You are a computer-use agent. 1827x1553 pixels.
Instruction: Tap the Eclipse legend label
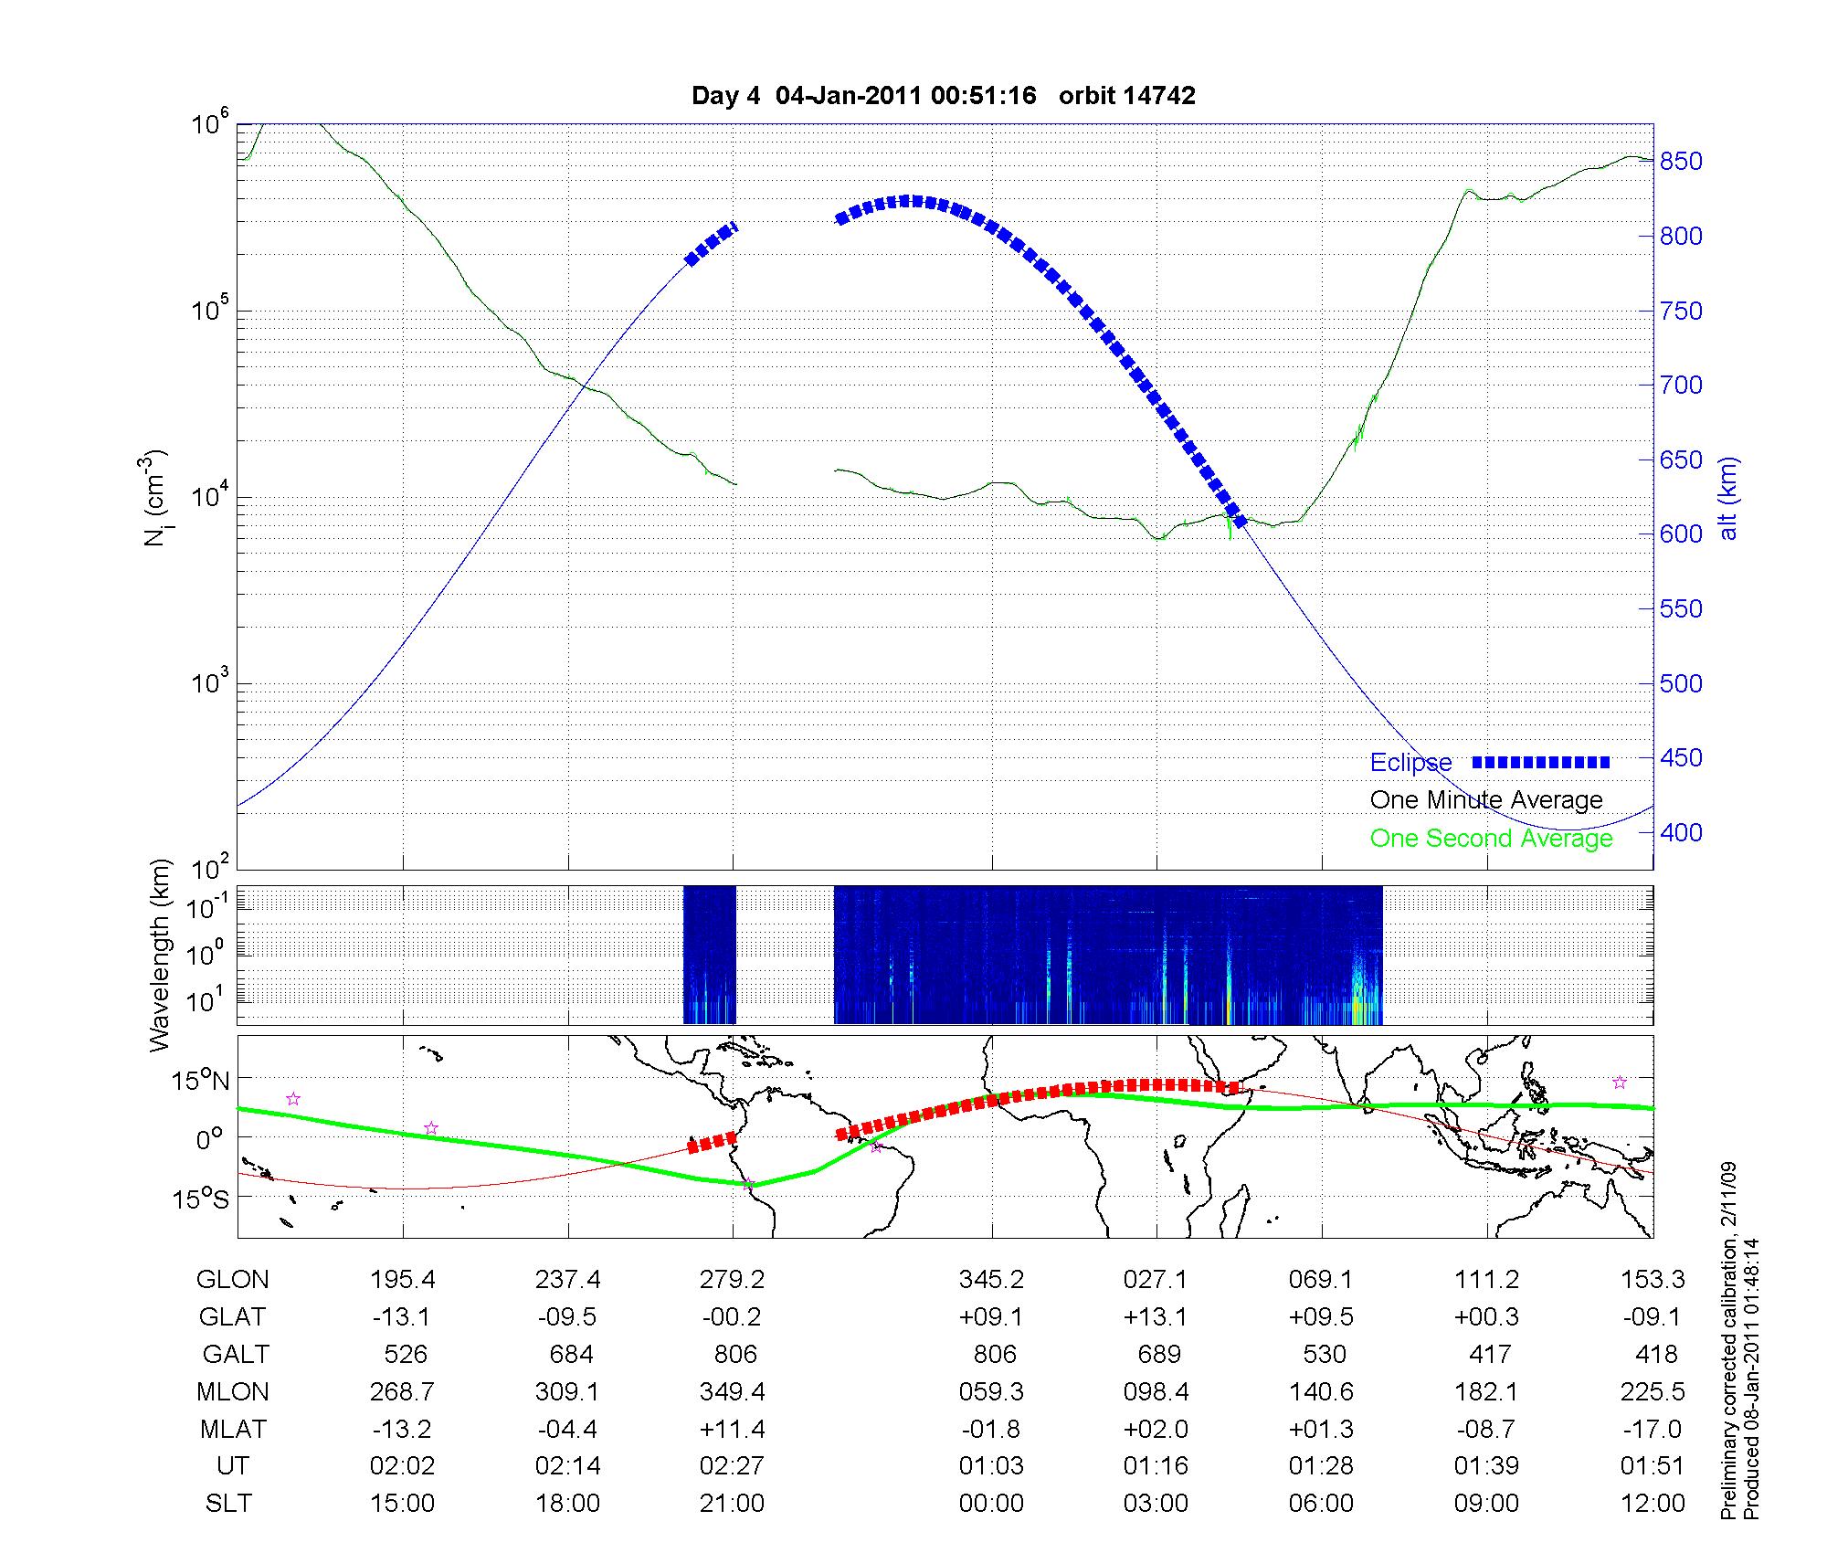(1410, 763)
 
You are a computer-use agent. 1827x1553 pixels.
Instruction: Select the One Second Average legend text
(1491, 839)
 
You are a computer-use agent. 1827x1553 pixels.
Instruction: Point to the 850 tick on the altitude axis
(1681, 162)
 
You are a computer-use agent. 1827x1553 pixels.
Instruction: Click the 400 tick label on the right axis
(1681, 832)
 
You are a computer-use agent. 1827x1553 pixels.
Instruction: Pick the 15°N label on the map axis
(202, 1082)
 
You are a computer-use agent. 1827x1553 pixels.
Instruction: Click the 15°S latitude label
(202, 1198)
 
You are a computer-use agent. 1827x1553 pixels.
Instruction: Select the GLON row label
(232, 1279)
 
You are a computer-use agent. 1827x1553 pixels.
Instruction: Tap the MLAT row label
(232, 1429)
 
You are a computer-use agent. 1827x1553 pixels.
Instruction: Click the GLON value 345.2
(991, 1279)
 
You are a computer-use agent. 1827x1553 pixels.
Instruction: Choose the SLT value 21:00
(732, 1503)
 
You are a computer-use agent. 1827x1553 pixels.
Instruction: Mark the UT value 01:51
(1653, 1465)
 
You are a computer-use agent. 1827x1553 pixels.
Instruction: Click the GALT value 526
(405, 1354)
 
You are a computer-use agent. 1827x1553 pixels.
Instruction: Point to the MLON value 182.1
(1486, 1391)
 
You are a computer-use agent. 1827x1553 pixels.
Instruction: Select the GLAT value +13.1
(1156, 1316)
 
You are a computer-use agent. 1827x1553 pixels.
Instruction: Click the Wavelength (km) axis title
(159, 956)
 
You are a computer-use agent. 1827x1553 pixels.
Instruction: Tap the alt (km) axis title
(1727, 499)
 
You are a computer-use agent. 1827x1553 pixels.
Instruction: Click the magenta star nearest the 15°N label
(293, 1099)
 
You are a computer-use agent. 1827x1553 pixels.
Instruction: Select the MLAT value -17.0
(1653, 1429)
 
